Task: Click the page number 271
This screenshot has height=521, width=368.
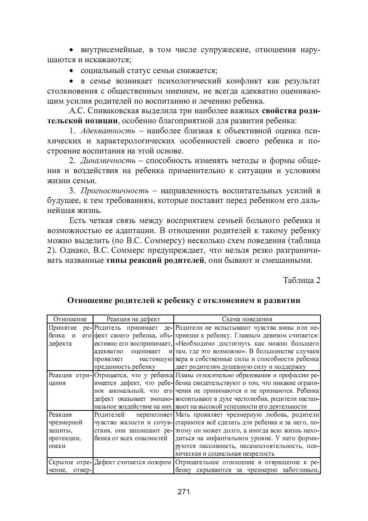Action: tap(183, 492)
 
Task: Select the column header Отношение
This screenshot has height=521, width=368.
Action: tap(70, 319)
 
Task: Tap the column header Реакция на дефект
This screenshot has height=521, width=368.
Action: tap(133, 319)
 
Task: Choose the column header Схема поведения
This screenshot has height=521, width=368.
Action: tap(247, 319)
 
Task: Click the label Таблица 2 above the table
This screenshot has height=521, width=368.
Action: tap(301, 280)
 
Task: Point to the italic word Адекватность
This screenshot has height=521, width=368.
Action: tap(108, 131)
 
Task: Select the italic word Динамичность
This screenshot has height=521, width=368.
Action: tap(108, 161)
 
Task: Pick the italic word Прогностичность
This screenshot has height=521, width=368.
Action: tap(114, 191)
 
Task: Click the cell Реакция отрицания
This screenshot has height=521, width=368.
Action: tap(70, 379)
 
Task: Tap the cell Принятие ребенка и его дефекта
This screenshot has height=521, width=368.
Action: tap(70, 335)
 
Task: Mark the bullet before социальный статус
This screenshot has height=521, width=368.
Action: tap(71, 71)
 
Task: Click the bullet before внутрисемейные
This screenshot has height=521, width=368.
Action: tap(71, 50)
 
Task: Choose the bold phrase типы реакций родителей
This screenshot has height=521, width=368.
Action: tap(155, 260)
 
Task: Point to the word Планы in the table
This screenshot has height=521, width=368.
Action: tap(185, 375)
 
